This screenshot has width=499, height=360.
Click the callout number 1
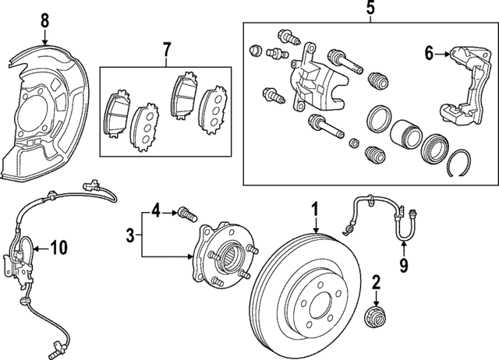pyautogui.click(x=316, y=209)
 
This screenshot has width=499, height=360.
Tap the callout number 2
pyautogui.click(x=375, y=281)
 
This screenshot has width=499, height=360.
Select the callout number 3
pyautogui.click(x=131, y=233)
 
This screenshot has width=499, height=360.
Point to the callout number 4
pyautogui.click(x=156, y=210)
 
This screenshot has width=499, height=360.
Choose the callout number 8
pyautogui.click(x=44, y=19)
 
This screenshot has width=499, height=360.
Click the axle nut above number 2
pyautogui.click(x=376, y=317)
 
